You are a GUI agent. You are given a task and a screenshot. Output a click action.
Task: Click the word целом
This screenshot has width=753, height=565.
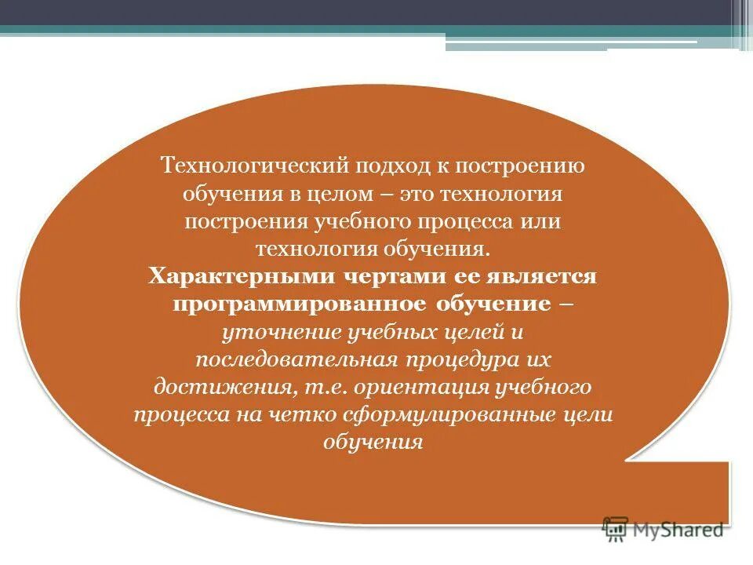tap(345, 194)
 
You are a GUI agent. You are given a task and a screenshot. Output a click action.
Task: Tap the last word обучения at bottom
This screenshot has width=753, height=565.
tap(373, 442)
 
